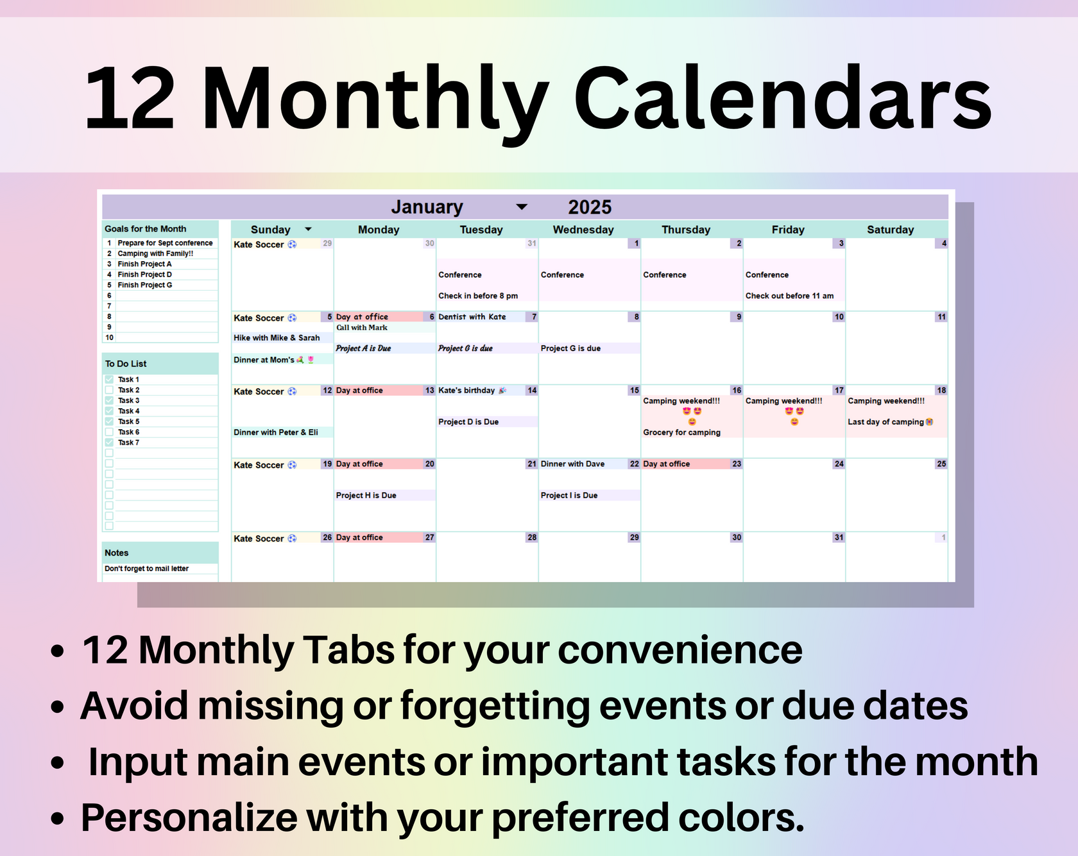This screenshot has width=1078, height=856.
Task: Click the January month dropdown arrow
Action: (x=522, y=207)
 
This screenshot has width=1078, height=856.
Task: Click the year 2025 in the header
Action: (x=589, y=207)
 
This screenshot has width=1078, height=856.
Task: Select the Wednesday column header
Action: (x=583, y=230)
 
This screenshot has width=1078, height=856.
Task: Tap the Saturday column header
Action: (x=890, y=230)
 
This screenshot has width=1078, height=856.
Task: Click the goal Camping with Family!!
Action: (x=155, y=253)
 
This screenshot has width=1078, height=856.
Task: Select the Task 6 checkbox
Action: (x=109, y=432)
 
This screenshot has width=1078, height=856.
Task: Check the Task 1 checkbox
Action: (x=109, y=379)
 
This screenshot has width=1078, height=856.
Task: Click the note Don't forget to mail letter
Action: (x=147, y=569)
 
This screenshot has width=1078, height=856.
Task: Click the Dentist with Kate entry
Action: (x=472, y=317)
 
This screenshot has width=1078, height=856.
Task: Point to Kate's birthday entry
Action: (x=467, y=390)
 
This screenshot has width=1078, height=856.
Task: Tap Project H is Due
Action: (x=366, y=495)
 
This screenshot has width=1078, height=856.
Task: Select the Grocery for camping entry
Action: (x=681, y=432)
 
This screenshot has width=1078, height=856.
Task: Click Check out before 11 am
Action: (x=789, y=296)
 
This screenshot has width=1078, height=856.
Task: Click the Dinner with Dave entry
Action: (x=572, y=464)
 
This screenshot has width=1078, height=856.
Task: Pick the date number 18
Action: (x=941, y=390)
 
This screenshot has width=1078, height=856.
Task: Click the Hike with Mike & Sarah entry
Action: (x=277, y=338)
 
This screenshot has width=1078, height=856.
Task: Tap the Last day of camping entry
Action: (x=886, y=422)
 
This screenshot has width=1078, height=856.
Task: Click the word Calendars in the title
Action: (x=782, y=99)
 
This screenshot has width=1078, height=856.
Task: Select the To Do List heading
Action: (x=126, y=364)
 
